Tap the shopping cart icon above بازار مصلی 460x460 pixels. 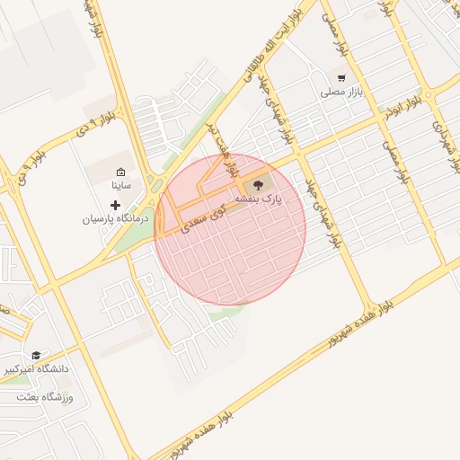[341, 77]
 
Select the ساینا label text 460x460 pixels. [121, 185]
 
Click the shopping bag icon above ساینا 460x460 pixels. [121, 172]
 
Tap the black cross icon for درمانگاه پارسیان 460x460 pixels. [115, 205]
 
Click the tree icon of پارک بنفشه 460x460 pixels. [273, 184]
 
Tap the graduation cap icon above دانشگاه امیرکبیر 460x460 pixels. [36, 355]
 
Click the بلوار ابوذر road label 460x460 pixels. [401, 109]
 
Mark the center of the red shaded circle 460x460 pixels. [230, 229]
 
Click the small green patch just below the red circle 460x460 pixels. [226, 312]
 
